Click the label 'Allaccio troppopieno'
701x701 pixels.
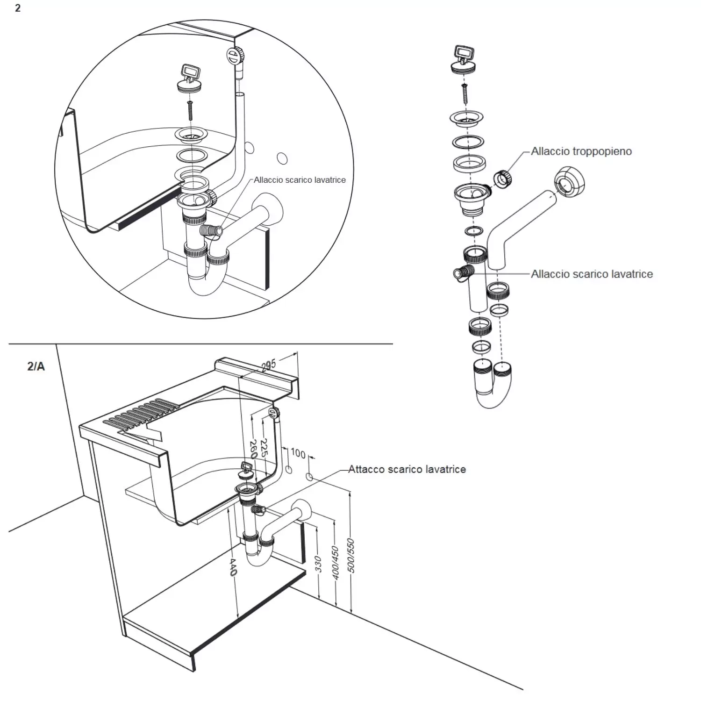point(581,151)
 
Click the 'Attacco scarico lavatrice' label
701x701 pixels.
point(407,469)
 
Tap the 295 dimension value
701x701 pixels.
point(269,365)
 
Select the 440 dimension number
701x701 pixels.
point(233,566)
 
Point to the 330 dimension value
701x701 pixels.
point(318,564)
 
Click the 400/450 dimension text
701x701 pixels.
point(335,563)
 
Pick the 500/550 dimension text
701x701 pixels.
point(351,556)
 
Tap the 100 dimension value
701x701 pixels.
point(298,453)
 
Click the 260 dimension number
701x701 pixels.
point(253,449)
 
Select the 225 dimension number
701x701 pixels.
point(264,447)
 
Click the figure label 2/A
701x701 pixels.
point(36,366)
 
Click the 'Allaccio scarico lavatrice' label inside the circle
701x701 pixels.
point(300,180)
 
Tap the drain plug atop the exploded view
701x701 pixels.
point(463,60)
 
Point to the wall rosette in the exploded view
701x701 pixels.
point(569,181)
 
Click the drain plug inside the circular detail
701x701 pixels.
point(190,80)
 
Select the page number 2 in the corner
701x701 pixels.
point(18,8)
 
